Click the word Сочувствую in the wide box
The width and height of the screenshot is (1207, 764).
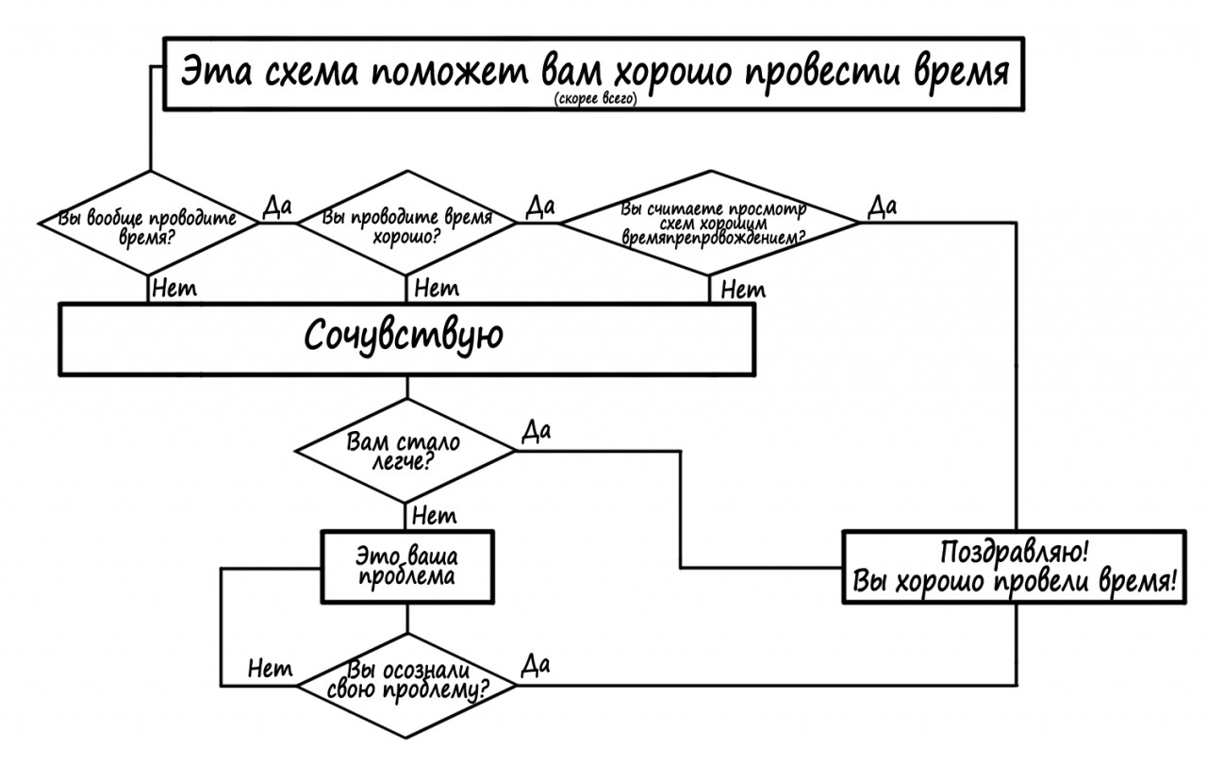pos(404,337)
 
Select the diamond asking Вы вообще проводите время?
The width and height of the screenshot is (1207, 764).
pos(149,224)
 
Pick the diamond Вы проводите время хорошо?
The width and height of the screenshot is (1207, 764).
pos(407,224)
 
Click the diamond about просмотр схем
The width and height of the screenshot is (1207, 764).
pos(712,224)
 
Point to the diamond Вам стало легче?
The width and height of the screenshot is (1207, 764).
pos(407,450)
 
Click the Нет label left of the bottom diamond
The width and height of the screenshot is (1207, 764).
pos(271,669)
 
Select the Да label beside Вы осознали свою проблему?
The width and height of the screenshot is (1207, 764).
pos(535,666)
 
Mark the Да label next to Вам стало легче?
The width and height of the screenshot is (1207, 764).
pos(536,431)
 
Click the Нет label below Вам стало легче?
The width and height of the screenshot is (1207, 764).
pos(435,516)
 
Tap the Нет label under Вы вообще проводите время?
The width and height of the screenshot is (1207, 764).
pos(174,288)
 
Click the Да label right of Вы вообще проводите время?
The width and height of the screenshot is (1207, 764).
pos(277,207)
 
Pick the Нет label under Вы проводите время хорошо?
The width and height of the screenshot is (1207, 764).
pos(437,288)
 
